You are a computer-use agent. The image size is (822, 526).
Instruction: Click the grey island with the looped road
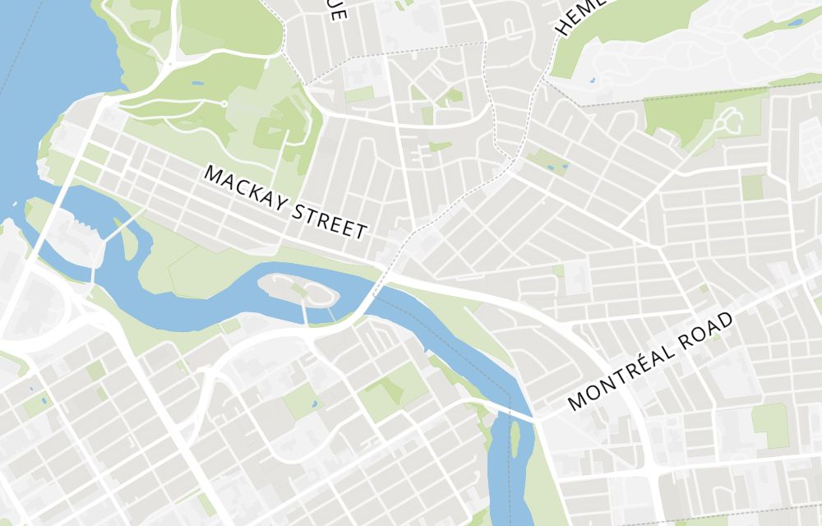[x=296, y=288]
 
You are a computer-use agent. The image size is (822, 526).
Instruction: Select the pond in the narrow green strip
[x=794, y=23]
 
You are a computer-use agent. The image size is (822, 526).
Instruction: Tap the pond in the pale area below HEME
[x=592, y=81]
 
